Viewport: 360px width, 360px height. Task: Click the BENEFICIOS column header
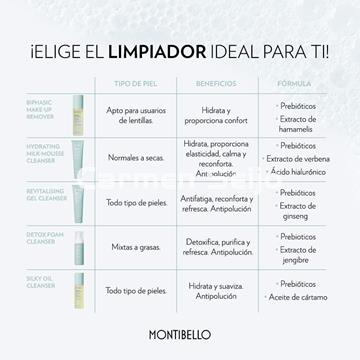pyautogui.click(x=209, y=83)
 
